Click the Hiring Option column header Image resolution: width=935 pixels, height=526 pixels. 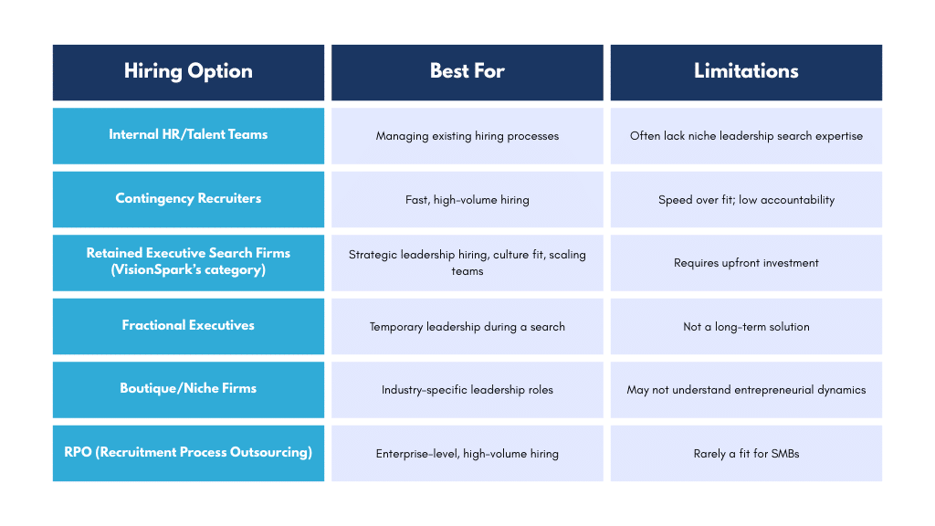[x=188, y=71]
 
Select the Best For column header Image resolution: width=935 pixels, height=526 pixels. [x=467, y=71]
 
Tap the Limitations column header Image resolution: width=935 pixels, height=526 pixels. [x=746, y=71]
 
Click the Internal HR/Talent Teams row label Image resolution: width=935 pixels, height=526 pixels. [x=188, y=135]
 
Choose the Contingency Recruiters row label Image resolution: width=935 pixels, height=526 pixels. [x=188, y=199]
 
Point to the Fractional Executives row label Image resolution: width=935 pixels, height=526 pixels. [x=188, y=326]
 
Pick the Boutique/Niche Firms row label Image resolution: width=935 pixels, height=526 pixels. [x=188, y=389]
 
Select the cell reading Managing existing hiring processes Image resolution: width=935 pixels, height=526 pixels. [x=467, y=136]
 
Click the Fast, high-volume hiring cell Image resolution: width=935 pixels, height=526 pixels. [x=467, y=200]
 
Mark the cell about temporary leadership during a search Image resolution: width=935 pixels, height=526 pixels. [x=467, y=327]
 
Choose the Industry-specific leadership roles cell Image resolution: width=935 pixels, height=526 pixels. [x=467, y=390]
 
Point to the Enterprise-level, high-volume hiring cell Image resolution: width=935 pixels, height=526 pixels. [x=467, y=454]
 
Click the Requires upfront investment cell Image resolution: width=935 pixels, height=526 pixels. [x=746, y=263]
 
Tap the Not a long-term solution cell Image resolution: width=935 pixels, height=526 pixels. [x=746, y=327]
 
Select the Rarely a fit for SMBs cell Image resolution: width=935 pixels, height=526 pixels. [x=746, y=454]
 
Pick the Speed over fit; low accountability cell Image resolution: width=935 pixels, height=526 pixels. [x=746, y=200]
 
